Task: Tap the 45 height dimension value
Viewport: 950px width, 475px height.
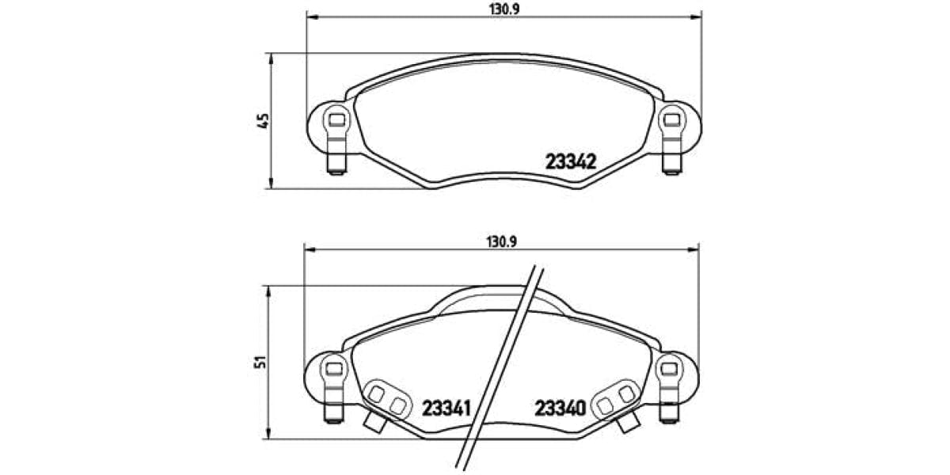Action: click(x=264, y=121)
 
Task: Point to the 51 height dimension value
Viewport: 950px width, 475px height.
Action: click(x=263, y=361)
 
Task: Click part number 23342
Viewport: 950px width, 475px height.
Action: click(x=570, y=161)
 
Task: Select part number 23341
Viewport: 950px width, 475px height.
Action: click(x=446, y=408)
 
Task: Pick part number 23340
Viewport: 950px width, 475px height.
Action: click(x=560, y=408)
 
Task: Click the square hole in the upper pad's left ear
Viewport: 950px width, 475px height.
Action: click(x=336, y=120)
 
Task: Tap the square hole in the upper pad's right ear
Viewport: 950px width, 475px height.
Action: click(x=673, y=120)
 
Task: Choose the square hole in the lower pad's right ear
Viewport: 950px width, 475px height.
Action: click(x=671, y=367)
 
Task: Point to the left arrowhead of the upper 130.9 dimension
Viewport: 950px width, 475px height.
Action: click(x=310, y=16)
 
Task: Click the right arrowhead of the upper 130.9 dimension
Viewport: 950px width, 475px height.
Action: click(x=698, y=16)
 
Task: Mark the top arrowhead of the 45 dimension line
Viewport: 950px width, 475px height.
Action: click(x=272, y=57)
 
